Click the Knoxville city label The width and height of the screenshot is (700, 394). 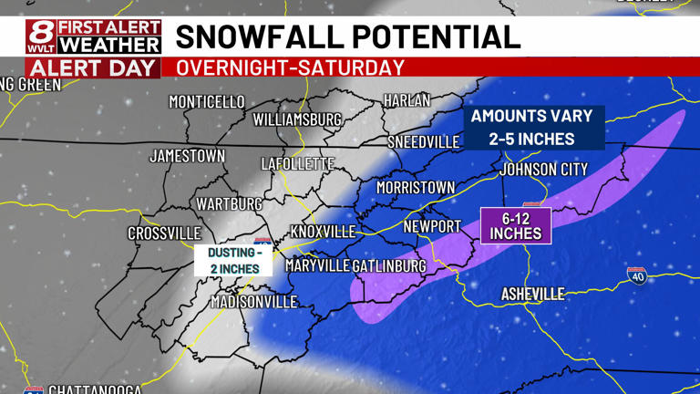click(323, 232)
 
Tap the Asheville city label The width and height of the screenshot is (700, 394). click(533, 294)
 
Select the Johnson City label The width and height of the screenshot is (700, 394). click(544, 169)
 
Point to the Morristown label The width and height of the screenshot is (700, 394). click(415, 187)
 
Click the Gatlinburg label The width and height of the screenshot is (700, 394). click(389, 265)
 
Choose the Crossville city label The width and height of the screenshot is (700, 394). click(164, 233)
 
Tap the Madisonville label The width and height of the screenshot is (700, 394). click(254, 302)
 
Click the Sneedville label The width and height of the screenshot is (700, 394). click(424, 142)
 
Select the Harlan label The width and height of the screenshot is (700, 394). click(407, 100)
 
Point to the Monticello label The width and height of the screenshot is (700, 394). click(207, 101)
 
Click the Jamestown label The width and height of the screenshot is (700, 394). click(187, 156)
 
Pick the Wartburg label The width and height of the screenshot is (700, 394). click(230, 204)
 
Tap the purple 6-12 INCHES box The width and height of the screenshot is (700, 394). click(516, 225)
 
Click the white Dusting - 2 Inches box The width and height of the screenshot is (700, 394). click(233, 260)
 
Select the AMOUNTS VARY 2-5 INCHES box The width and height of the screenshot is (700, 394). click(532, 128)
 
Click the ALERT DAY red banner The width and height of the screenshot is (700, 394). click(94, 67)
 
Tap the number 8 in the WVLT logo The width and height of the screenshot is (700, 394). click(40, 34)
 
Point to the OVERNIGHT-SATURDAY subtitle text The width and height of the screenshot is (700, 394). click(290, 67)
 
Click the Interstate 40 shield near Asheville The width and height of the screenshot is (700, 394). click(637, 275)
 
